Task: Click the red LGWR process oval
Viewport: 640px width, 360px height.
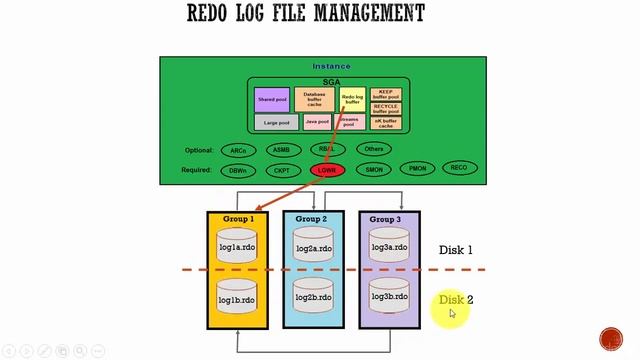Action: [x=327, y=170]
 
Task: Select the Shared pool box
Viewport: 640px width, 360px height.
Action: [x=272, y=99]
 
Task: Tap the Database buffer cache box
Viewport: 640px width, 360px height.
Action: [x=314, y=99]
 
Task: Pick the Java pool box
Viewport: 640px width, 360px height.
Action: [x=316, y=122]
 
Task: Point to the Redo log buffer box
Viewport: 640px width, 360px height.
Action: [x=352, y=99]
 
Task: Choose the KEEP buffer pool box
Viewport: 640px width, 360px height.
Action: [x=386, y=92]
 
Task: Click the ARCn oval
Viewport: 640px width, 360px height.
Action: [x=238, y=150]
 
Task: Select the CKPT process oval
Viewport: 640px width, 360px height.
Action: [x=281, y=170]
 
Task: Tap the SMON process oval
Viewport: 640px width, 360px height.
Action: [x=374, y=170]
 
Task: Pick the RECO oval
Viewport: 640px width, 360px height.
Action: [x=459, y=168]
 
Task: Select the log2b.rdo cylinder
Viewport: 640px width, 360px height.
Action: [x=313, y=298]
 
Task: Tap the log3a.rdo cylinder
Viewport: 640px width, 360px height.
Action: [x=389, y=247]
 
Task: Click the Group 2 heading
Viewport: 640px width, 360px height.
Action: [x=313, y=219]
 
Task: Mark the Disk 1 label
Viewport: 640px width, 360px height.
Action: [x=456, y=250]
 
